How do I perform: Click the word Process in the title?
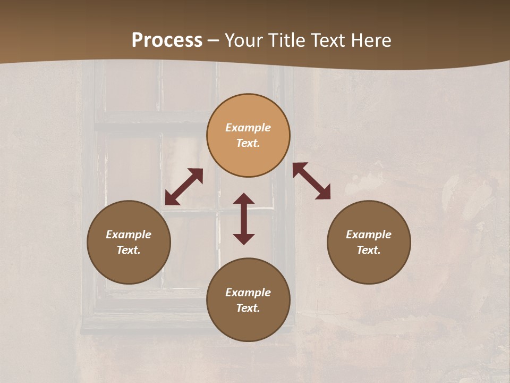[167, 40]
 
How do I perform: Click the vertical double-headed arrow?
[244, 219]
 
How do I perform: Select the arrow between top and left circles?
[184, 187]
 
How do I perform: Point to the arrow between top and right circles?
[311, 181]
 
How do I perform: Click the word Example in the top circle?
[248, 128]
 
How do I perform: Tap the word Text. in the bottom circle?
[248, 308]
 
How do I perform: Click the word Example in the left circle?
[129, 235]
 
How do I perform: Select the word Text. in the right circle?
[369, 250]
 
